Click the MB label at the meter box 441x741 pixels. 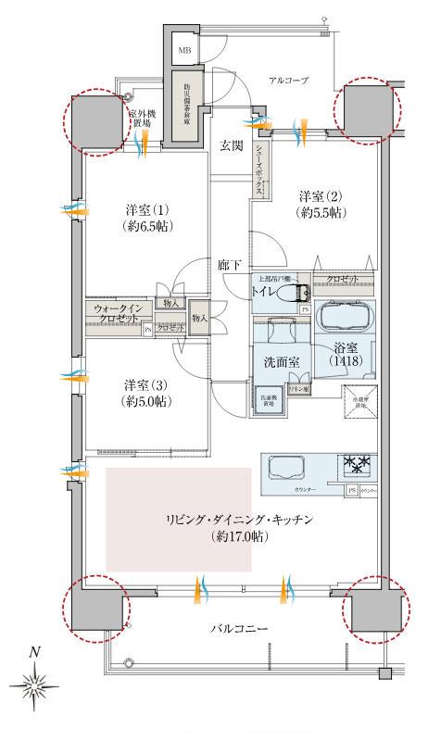pos(184,50)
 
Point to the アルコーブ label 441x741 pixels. pos(288,81)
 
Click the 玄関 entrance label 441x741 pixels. pos(232,145)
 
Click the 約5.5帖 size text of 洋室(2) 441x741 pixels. pos(317,212)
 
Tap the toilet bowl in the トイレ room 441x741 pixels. pos(296,292)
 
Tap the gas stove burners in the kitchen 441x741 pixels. pos(358,464)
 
